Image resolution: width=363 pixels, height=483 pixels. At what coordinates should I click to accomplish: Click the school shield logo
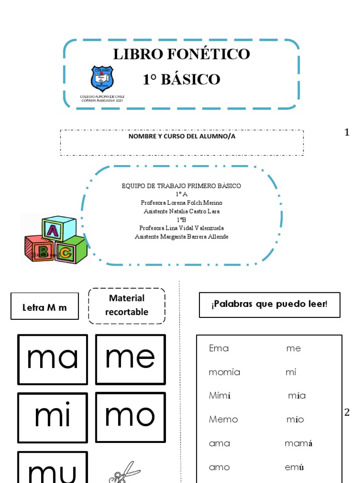pos(102,78)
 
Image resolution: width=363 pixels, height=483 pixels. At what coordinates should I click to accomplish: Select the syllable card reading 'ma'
pos(52,359)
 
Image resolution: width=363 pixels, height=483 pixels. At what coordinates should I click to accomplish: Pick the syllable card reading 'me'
pos(130,359)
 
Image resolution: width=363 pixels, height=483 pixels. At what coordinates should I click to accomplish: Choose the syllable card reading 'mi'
pos(52,417)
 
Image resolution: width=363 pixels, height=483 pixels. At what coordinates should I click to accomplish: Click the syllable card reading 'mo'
pos(130,416)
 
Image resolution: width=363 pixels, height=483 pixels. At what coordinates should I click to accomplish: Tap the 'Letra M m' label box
pos(45,308)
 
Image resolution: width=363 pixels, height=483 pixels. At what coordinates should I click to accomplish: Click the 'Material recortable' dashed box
pos(127,305)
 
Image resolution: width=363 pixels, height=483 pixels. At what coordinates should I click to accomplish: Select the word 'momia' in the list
pos(225,372)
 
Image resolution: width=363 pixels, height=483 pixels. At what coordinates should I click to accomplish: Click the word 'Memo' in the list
pos(224,419)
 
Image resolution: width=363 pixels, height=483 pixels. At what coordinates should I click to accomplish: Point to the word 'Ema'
pos(219,349)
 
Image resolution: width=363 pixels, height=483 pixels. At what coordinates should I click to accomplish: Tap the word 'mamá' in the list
pos(299,443)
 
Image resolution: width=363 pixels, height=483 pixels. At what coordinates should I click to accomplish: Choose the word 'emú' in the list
pos(294,467)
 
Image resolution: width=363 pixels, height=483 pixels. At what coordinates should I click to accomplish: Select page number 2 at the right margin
pos(347,413)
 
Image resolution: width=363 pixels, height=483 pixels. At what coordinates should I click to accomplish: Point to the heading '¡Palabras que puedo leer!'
pos(269,304)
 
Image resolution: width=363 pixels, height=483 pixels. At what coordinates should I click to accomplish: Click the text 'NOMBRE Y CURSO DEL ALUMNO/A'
pos(182,136)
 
